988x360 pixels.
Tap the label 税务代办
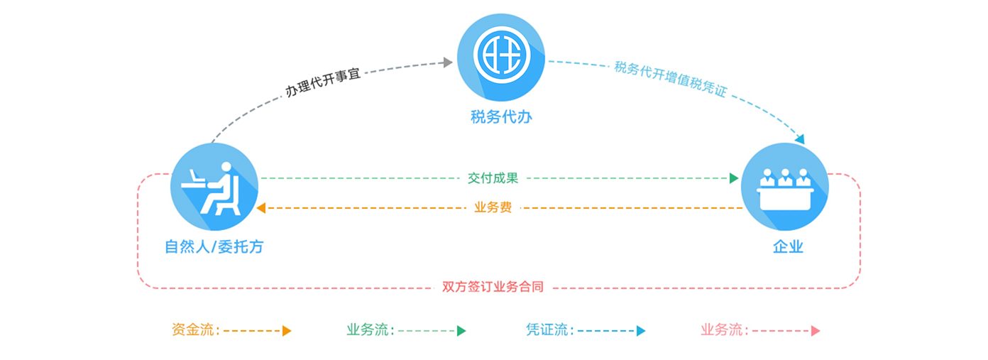click(501, 117)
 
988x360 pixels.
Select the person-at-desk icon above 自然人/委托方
click(214, 187)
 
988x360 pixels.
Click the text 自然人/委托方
click(214, 247)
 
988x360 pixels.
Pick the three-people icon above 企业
click(785, 187)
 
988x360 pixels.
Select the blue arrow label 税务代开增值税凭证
click(671, 80)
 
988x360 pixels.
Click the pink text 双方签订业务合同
click(493, 288)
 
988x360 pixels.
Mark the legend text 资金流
click(194, 330)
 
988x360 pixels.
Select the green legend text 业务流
click(368, 330)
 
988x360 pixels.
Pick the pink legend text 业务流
click(723, 330)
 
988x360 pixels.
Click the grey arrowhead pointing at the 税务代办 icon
click(448, 62)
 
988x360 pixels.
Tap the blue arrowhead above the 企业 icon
click(800, 139)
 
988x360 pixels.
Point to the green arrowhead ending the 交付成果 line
click(734, 178)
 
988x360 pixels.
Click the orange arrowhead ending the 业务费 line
click(261, 208)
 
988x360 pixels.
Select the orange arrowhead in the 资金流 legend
click(287, 331)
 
